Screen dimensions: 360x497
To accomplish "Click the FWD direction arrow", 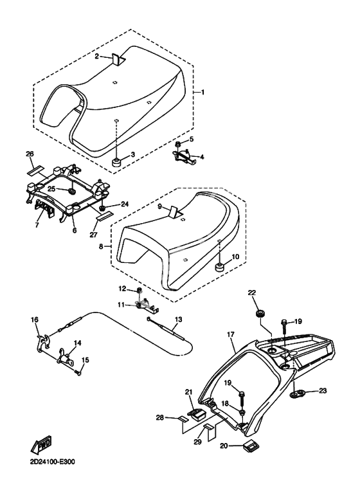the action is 41,445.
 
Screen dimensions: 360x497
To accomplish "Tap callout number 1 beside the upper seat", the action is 203,92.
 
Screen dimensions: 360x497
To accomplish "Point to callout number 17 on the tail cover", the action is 231,334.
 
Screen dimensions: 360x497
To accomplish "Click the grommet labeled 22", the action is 260,314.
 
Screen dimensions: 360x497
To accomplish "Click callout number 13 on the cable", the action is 179,319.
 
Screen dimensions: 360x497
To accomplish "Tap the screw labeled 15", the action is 78,373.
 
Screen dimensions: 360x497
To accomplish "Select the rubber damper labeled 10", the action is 221,267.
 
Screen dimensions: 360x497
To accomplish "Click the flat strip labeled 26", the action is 34,170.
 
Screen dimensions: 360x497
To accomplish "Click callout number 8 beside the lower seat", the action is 101,246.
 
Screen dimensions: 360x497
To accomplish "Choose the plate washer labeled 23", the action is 298,394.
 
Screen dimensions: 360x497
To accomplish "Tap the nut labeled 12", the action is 139,290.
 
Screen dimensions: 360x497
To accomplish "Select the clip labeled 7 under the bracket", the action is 44,209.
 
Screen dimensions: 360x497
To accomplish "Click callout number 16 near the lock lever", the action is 35,320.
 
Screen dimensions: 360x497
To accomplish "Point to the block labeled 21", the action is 195,414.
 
